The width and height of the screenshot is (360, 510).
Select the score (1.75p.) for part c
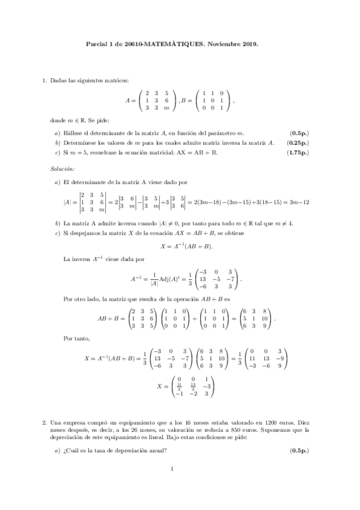(x=296, y=153)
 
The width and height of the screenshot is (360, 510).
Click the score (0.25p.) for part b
(x=296, y=143)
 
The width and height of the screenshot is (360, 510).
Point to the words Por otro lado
(x=83, y=298)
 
